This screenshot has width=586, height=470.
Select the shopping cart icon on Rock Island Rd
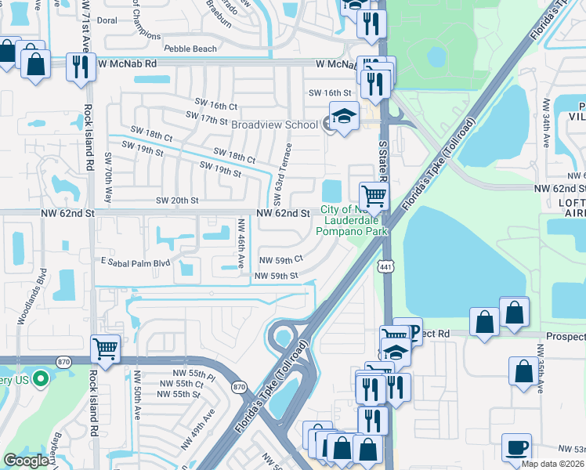[x=105, y=349]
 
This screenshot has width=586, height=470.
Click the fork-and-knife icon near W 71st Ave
[x=79, y=67]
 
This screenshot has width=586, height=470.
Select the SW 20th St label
[x=177, y=201]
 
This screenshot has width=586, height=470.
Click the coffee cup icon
[x=516, y=448]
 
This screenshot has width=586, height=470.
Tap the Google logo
[x=26, y=461]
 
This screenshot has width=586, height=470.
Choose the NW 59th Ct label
[x=280, y=259]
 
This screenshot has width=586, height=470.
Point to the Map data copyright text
[x=553, y=464]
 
